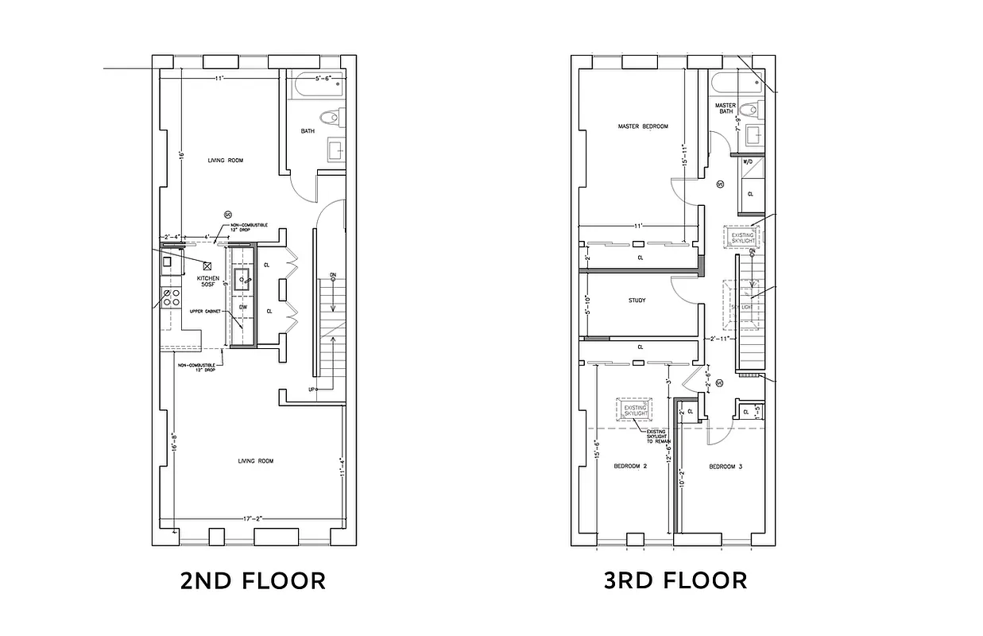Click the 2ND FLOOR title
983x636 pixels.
click(253, 581)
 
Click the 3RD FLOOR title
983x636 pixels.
click(675, 581)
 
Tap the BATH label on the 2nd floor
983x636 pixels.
click(308, 131)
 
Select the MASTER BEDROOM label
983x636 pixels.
click(643, 126)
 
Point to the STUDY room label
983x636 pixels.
click(637, 301)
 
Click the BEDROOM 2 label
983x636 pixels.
click(629, 467)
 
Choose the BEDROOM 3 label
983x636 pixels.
click(725, 467)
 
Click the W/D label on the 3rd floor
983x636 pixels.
click(747, 161)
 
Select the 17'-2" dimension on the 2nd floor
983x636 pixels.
click(252, 519)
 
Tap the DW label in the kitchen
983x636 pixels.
click(243, 306)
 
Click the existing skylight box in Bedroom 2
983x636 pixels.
click(633, 409)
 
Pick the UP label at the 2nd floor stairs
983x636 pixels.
click(313, 390)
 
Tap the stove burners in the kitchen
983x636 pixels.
click(169, 298)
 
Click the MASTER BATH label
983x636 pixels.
click(725, 108)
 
